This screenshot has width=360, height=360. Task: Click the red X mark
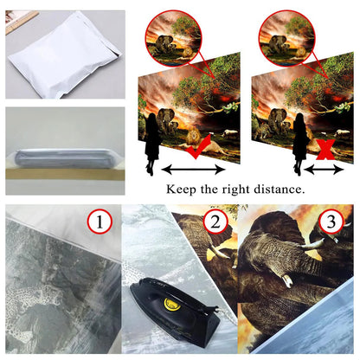pos(325,150)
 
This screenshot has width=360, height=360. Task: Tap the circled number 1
pos(100,222)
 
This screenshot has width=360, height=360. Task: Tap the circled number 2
pos(215,222)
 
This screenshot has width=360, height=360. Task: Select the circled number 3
pos(331,222)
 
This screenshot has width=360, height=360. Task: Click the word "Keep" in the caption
pos(181,190)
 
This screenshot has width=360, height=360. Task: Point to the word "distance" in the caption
pos(279,190)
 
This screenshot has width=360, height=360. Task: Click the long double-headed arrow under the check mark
pos(193,170)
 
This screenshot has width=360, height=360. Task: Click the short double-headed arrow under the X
pos(324,170)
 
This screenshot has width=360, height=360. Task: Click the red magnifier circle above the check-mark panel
pos(173,39)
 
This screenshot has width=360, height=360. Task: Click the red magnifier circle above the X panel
pos(287,39)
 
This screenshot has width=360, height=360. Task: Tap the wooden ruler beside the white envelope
pos(22,21)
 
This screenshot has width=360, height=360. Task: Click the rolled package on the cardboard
pos(66,159)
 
